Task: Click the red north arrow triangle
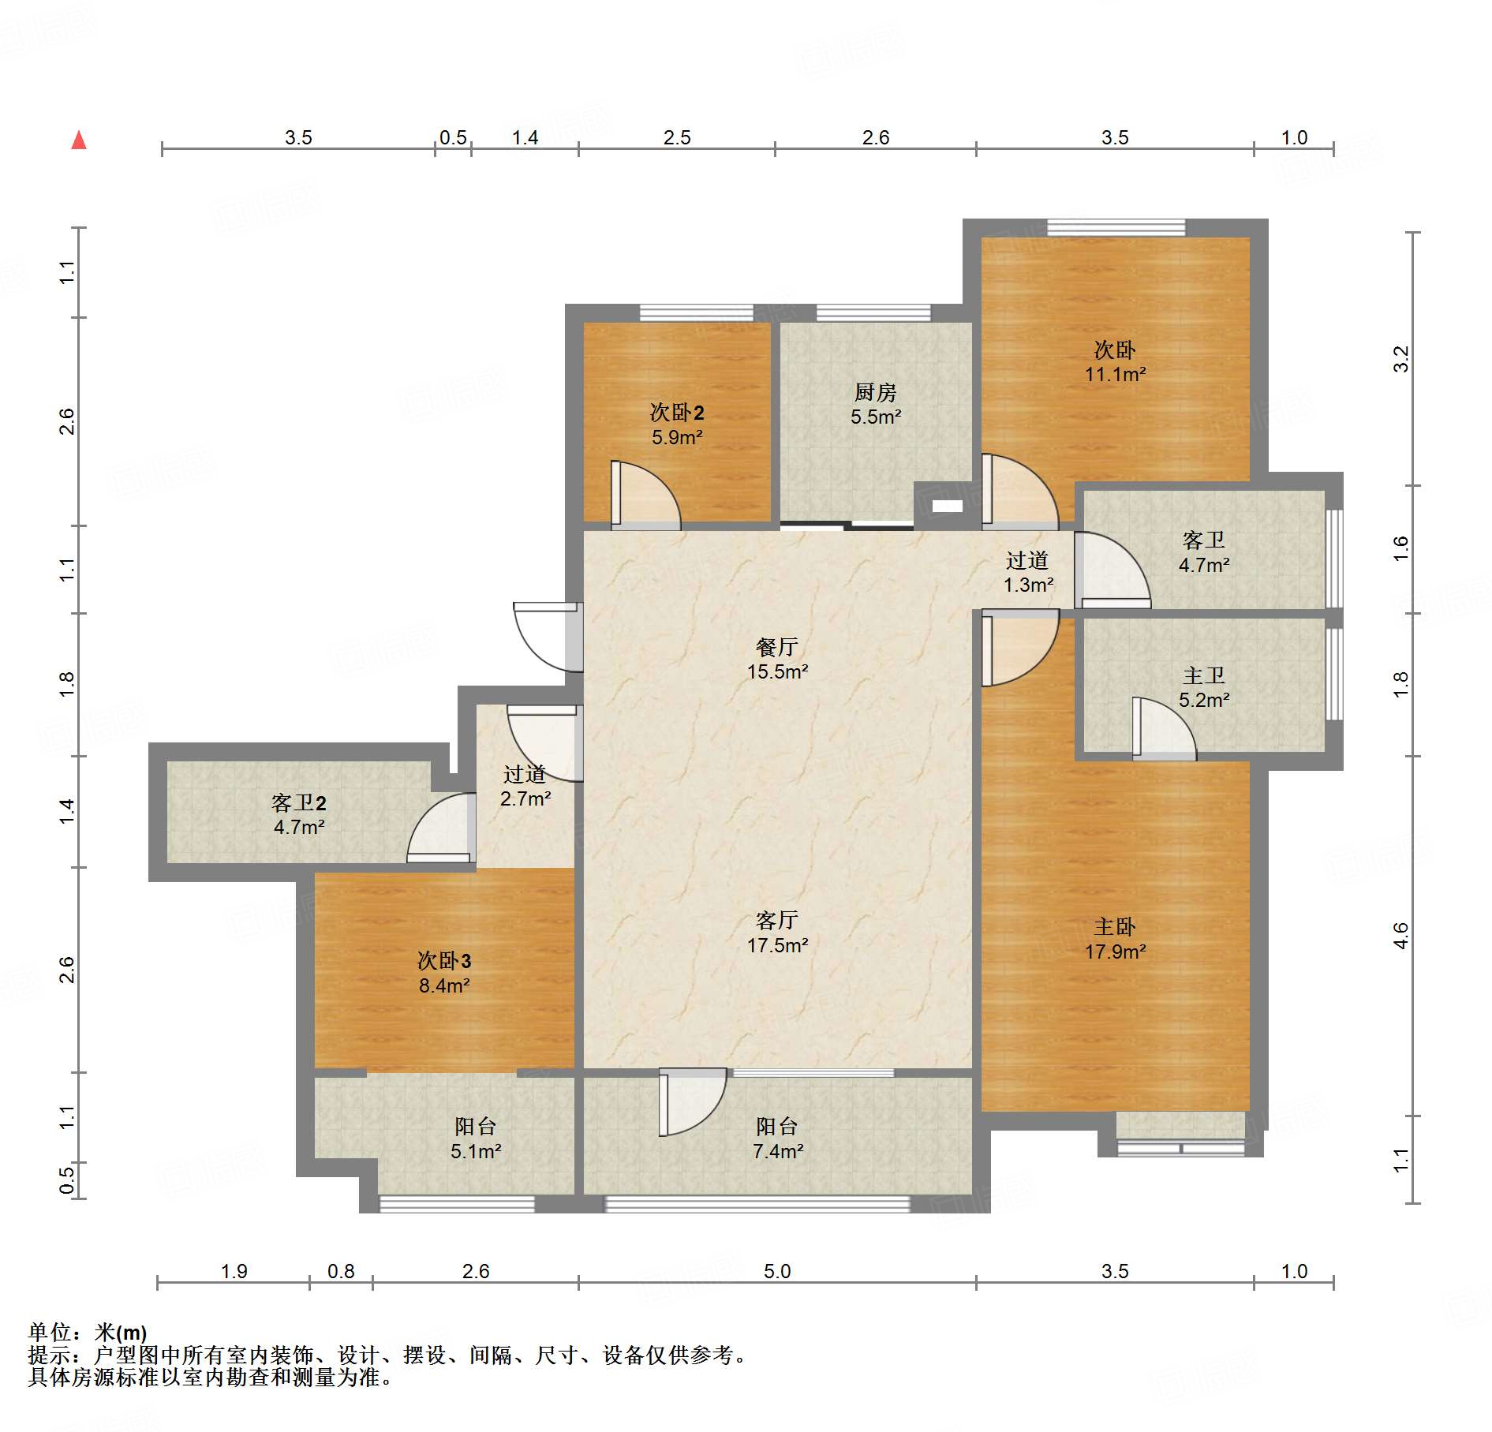click(79, 140)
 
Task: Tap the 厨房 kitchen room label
click(875, 392)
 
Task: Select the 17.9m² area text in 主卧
click(1115, 952)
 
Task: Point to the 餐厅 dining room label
click(777, 647)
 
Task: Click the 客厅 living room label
click(777, 920)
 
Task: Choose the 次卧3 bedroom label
click(444, 960)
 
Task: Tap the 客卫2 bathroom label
click(298, 802)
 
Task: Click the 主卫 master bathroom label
click(1204, 675)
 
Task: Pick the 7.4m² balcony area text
click(778, 1151)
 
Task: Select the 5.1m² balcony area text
click(476, 1151)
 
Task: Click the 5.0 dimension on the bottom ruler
click(777, 1271)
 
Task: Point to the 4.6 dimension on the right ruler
click(1400, 936)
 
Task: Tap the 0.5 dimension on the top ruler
click(453, 138)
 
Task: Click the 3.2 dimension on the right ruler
click(1400, 359)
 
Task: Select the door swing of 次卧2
click(645, 495)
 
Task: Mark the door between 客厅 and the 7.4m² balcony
click(693, 1102)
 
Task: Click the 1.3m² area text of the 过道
click(1028, 585)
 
